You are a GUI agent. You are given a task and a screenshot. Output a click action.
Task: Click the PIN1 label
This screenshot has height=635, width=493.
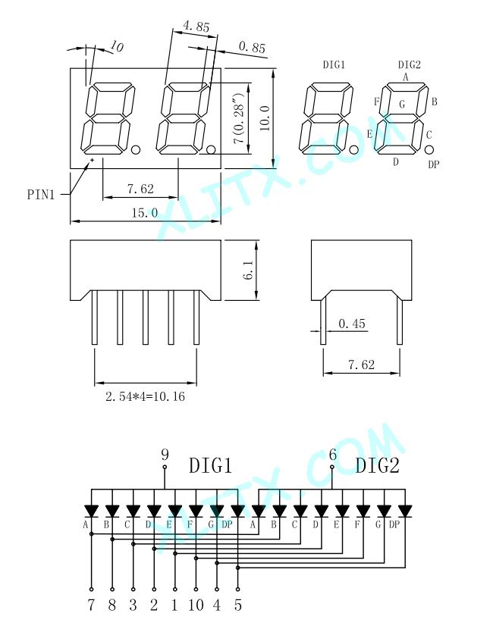pyautogui.click(x=40, y=195)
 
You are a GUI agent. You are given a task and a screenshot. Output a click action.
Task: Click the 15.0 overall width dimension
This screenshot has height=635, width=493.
pyautogui.click(x=145, y=212)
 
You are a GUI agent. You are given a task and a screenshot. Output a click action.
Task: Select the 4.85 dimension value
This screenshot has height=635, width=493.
pyautogui.click(x=196, y=27)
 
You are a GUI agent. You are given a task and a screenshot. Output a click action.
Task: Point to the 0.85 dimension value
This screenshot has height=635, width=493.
pyautogui.click(x=252, y=47)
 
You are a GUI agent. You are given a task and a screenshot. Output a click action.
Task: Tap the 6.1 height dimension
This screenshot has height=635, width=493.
pyautogui.click(x=249, y=270)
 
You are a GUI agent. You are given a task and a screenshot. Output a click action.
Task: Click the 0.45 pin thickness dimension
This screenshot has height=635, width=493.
pyautogui.click(x=351, y=324)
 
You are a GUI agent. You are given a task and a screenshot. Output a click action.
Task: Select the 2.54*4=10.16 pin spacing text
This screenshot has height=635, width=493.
pyautogui.click(x=145, y=396)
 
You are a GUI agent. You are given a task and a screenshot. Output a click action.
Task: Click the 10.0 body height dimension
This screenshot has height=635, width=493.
pyautogui.click(x=265, y=118)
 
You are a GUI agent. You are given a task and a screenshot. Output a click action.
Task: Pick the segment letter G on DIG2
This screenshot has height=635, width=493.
pyautogui.click(x=402, y=105)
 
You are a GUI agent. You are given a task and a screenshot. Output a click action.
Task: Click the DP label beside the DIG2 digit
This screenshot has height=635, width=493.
pyautogui.click(x=434, y=164)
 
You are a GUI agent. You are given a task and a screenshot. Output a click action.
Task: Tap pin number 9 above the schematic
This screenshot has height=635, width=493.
pyautogui.click(x=165, y=455)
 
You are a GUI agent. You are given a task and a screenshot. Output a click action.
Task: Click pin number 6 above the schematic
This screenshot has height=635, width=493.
pyautogui.click(x=332, y=455)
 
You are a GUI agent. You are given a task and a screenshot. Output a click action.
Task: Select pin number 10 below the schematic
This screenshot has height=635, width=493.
pyautogui.click(x=196, y=605)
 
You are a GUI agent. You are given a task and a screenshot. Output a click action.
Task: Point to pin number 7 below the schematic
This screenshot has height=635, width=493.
pyautogui.click(x=91, y=605)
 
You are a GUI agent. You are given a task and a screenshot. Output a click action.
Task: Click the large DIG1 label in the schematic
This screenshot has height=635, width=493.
pyautogui.click(x=210, y=465)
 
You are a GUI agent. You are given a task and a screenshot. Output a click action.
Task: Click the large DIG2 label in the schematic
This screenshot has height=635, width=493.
pyautogui.click(x=378, y=465)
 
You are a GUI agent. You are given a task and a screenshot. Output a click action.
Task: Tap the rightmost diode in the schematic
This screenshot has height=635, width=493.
pyautogui.click(x=404, y=511)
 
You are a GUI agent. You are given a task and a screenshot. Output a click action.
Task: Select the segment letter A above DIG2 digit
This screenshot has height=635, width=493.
pyautogui.click(x=406, y=77)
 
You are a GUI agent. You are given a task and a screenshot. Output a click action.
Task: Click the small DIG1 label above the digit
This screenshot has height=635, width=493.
pyautogui.click(x=334, y=65)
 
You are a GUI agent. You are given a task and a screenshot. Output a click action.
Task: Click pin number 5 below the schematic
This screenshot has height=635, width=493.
pyautogui.click(x=238, y=605)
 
